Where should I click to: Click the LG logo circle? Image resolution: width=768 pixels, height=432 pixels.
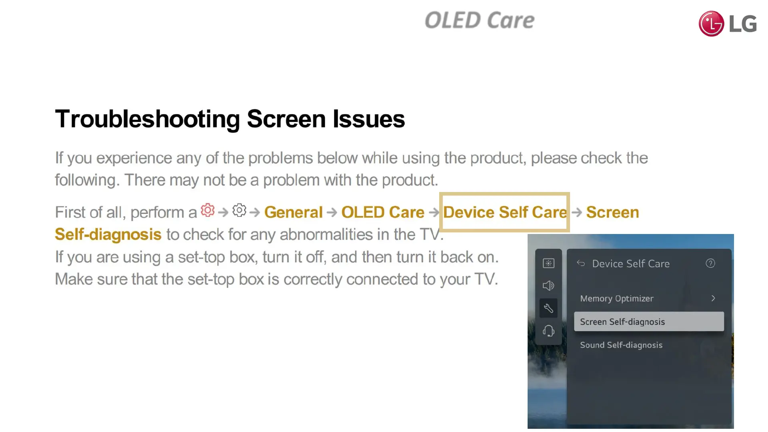coord(711,24)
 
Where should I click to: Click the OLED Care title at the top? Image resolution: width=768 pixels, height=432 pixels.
coord(479,20)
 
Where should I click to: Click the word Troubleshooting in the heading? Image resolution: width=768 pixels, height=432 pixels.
coord(148,119)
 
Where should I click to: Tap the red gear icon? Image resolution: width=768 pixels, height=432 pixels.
coord(208,210)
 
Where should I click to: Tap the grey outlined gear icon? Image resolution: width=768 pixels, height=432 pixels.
coord(239,210)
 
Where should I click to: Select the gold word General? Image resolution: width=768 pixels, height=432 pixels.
coord(293,212)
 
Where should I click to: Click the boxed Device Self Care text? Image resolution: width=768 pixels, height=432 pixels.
coord(505,212)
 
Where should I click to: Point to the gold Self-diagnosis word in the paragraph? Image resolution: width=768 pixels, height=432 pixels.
coord(108,234)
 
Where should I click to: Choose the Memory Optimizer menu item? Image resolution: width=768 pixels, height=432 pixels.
coord(617,298)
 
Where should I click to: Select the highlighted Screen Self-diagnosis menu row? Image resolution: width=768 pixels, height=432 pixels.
coord(649,322)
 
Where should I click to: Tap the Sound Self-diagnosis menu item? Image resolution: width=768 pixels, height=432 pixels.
coord(621,345)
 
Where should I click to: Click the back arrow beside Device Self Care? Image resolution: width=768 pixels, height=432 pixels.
coord(581,263)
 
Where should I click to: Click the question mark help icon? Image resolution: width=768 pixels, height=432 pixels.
coord(710,263)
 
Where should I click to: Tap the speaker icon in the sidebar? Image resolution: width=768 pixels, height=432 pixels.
coord(548,286)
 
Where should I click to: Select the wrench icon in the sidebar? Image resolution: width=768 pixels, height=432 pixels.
coord(548,308)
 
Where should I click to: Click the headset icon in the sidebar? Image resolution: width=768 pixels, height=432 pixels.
coord(548,331)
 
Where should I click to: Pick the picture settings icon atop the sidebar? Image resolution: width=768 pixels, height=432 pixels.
coord(548,263)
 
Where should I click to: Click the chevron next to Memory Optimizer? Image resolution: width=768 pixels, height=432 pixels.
coord(713,298)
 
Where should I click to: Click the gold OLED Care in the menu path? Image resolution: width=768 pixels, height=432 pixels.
coord(383,212)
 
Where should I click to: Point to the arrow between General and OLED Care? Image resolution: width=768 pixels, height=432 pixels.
coord(332,212)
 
